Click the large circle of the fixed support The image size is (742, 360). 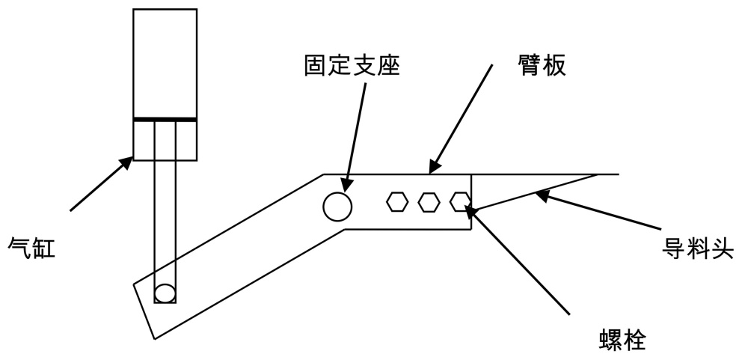[337, 206]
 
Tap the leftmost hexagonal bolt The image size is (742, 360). [397, 201]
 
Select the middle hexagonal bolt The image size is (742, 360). [429, 201]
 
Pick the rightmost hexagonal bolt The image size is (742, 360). [459, 201]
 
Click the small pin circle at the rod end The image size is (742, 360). [165, 292]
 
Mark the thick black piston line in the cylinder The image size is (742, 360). [165, 119]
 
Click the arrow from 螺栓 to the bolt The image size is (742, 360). [516, 258]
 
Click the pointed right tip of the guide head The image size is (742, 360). [596, 174]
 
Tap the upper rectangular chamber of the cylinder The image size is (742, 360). [165, 64]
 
